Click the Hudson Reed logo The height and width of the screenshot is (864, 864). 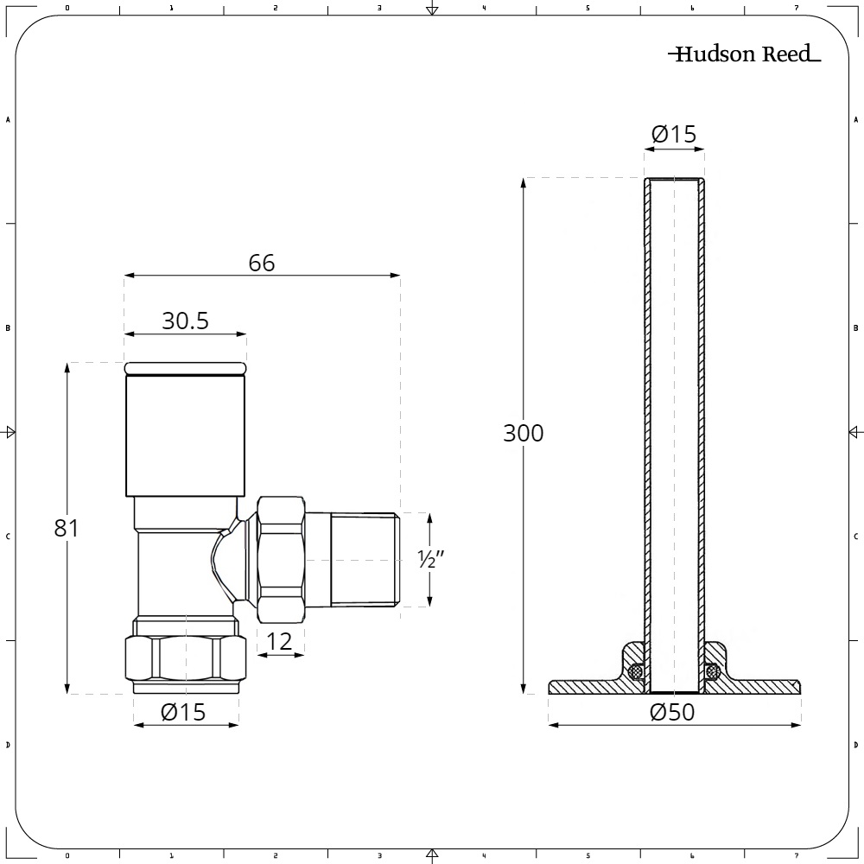pos(743,55)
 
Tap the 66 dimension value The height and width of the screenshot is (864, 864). pos(261,263)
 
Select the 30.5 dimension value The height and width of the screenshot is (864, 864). pos(185,321)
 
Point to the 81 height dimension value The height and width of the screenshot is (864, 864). pos(67,528)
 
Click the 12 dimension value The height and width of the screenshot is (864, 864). pos(280,641)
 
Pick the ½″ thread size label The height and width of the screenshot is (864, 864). pos(430,559)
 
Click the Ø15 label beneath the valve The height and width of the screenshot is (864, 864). pos(184,712)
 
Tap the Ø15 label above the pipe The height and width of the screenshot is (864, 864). pos(673,134)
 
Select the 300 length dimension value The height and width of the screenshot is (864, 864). pos(524,433)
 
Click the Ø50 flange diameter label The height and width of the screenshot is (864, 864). pos(673,712)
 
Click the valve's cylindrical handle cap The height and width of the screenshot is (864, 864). pos(186,432)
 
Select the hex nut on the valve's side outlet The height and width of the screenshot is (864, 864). pos(282,559)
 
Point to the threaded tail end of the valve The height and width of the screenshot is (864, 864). pos(365,560)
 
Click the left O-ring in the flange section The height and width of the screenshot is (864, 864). pos(637,671)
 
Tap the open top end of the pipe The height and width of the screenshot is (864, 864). pos(674,180)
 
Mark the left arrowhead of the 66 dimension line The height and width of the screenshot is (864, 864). pos(129,276)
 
